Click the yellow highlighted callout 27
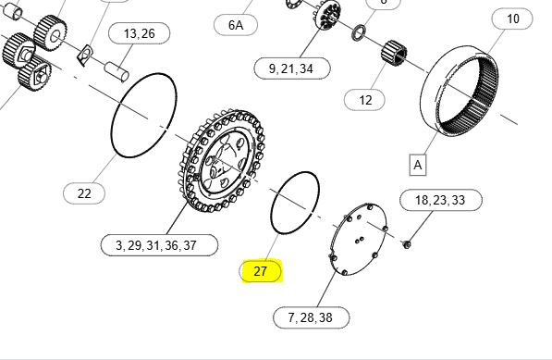(261, 271)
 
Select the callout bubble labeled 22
(84, 193)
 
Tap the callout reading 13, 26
(139, 33)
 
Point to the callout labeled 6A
(236, 25)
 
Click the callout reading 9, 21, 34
(292, 68)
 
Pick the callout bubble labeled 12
(364, 100)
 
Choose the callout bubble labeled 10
(512, 19)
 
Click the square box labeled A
(418, 165)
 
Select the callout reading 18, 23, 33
(441, 200)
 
